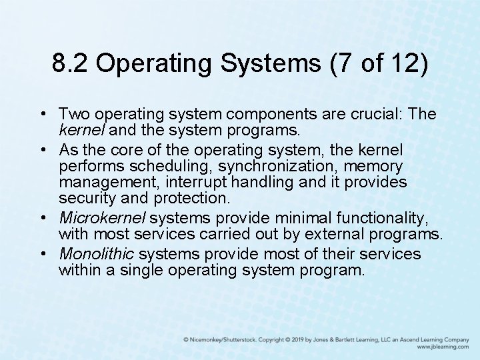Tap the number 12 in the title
(405, 65)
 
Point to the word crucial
(375, 114)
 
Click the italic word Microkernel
(101, 218)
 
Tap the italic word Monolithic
(97, 254)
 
